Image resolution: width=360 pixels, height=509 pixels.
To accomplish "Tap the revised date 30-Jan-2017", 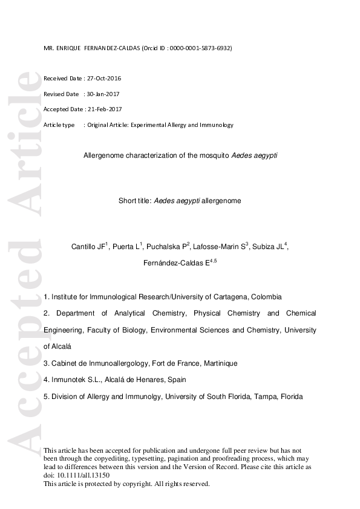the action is pos(105,94).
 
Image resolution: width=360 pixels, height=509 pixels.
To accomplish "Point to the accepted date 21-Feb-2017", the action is pos(105,109).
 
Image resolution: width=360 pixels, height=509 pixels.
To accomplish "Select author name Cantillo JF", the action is pos(89,247).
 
